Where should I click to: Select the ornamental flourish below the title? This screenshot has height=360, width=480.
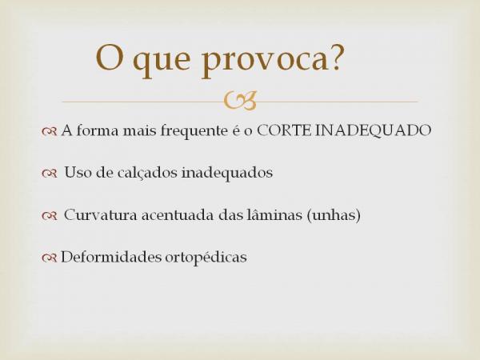tap(240, 101)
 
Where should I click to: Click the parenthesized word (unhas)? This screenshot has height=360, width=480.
tap(334, 215)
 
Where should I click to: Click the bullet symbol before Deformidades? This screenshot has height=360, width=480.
tap(49, 258)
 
